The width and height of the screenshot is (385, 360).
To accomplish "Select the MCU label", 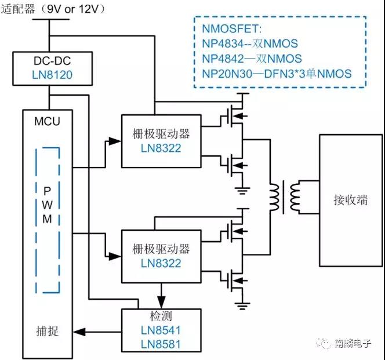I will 48,122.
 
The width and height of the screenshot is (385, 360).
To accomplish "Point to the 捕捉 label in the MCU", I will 46,332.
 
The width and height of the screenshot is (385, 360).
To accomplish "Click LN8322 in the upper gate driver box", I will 161,148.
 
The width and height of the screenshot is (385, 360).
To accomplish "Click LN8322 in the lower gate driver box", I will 161,263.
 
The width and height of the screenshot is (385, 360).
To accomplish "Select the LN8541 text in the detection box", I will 161,330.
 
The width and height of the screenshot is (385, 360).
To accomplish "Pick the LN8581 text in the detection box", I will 161,344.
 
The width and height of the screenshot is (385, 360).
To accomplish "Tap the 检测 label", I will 161,317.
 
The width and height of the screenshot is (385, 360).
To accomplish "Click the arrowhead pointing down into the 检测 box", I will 161,302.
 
